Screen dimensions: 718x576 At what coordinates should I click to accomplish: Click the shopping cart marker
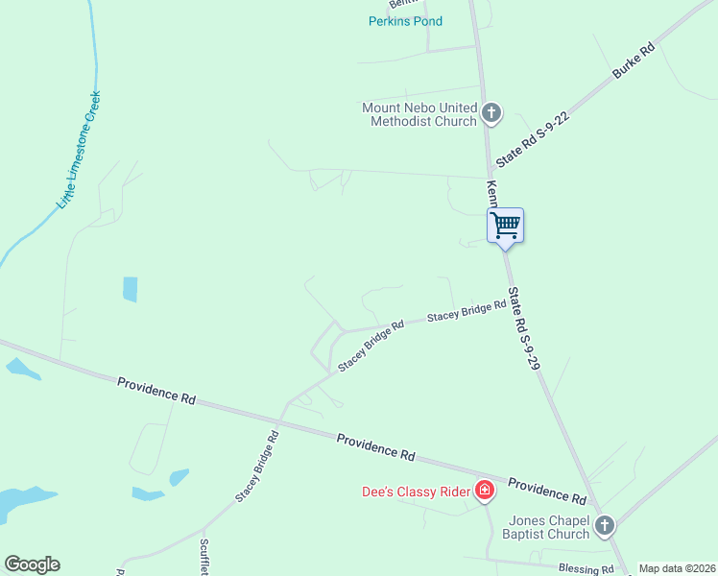(505, 227)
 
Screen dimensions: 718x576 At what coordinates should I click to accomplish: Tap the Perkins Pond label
(406, 21)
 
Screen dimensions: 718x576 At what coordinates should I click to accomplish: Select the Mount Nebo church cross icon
(491, 114)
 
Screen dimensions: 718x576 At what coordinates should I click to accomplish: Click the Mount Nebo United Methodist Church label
(419, 114)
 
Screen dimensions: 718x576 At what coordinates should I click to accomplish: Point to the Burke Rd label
(634, 60)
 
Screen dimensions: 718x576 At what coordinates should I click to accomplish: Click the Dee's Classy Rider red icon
(485, 492)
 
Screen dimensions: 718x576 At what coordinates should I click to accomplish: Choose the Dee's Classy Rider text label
(416, 492)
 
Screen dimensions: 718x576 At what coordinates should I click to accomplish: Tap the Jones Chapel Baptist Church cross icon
(604, 525)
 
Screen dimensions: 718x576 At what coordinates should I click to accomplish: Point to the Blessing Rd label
(585, 568)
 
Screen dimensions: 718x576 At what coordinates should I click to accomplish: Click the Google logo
(32, 564)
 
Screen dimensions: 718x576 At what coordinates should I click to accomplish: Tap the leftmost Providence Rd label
(156, 390)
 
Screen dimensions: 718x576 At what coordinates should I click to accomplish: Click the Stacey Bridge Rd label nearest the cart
(467, 310)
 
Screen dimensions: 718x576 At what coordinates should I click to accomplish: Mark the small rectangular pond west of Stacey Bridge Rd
(130, 289)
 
